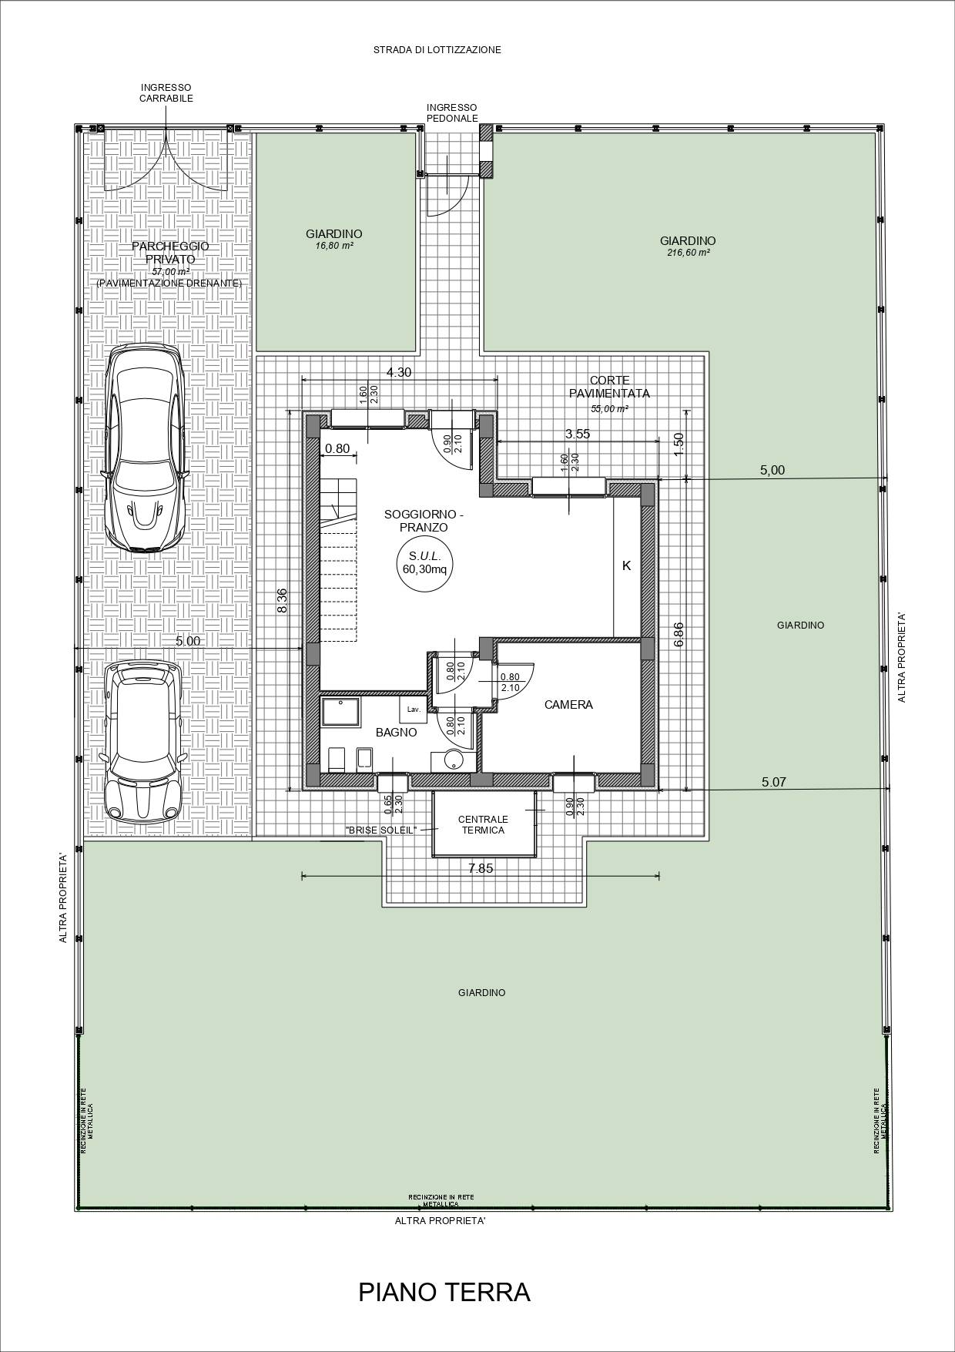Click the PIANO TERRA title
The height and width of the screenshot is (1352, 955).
point(444,1292)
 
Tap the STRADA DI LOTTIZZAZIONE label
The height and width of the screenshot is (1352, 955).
point(437,50)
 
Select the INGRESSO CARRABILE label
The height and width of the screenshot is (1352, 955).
point(166,93)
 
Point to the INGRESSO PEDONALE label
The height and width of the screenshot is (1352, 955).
point(452,112)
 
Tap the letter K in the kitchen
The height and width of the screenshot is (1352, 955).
point(626,565)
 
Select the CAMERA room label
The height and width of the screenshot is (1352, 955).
point(568,705)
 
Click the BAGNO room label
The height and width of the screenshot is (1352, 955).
point(396,733)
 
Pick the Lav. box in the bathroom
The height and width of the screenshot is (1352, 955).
point(413,709)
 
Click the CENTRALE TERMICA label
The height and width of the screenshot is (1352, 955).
point(483,824)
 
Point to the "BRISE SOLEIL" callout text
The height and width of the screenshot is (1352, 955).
point(380,830)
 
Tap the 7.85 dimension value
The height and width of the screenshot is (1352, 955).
point(481,868)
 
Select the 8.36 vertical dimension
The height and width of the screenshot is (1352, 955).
point(282,600)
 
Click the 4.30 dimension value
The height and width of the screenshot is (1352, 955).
point(398,372)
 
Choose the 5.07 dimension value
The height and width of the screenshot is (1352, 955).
point(773,782)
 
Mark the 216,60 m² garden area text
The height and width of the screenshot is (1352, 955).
point(688,253)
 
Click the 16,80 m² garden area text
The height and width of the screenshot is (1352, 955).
point(333,246)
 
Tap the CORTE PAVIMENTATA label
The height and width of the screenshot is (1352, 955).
point(609,387)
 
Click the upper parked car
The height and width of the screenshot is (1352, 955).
point(146,448)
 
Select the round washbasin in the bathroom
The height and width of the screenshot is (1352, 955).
point(454,760)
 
